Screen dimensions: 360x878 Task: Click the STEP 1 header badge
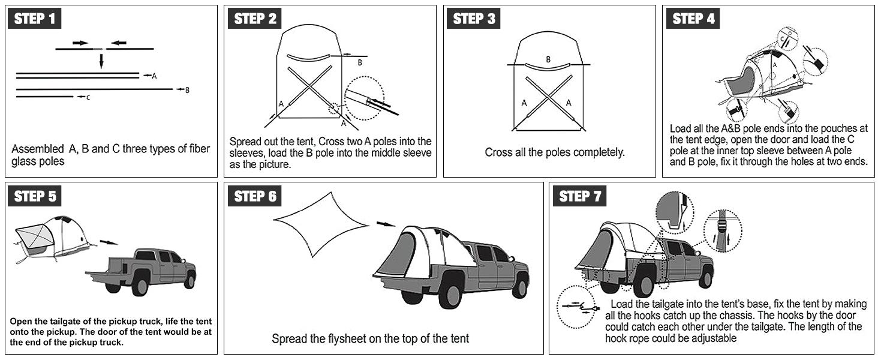[34, 19]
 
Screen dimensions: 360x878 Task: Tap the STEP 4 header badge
[693, 19]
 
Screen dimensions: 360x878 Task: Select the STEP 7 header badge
[579, 196]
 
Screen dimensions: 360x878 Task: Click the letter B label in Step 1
[188, 90]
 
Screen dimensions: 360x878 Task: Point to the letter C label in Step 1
[88, 97]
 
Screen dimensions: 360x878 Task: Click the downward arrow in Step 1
[101, 60]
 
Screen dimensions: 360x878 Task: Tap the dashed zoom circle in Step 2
[364, 98]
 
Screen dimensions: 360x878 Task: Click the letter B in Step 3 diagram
[548, 59]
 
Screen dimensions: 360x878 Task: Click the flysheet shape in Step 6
[318, 224]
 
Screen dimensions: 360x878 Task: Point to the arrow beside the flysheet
[386, 224]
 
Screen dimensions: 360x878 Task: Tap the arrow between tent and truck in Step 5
[108, 242]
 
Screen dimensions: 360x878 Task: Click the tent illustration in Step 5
[51, 237]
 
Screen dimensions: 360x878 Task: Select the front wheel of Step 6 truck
[519, 285]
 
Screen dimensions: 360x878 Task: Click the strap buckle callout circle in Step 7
[722, 231]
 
